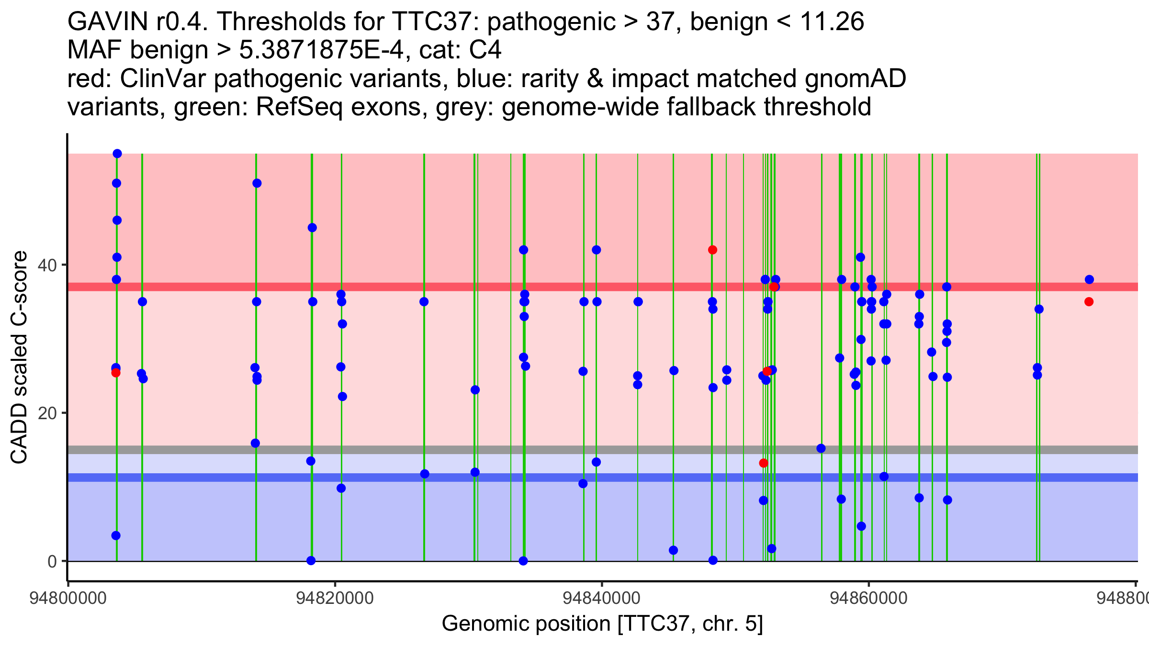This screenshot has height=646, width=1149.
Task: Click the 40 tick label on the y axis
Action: (46, 265)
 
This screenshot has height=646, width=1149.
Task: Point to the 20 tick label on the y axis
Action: (46, 413)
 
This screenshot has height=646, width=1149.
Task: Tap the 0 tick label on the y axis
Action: (52, 561)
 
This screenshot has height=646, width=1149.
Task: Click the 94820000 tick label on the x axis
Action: (335, 599)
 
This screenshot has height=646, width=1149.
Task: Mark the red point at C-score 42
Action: (712, 250)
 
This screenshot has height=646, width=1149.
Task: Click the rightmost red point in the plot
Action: (1089, 301)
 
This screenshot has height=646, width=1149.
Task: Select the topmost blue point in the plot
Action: (117, 154)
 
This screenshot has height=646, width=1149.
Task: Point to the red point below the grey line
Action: (764, 463)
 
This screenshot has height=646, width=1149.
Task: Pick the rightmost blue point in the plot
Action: (1089, 279)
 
